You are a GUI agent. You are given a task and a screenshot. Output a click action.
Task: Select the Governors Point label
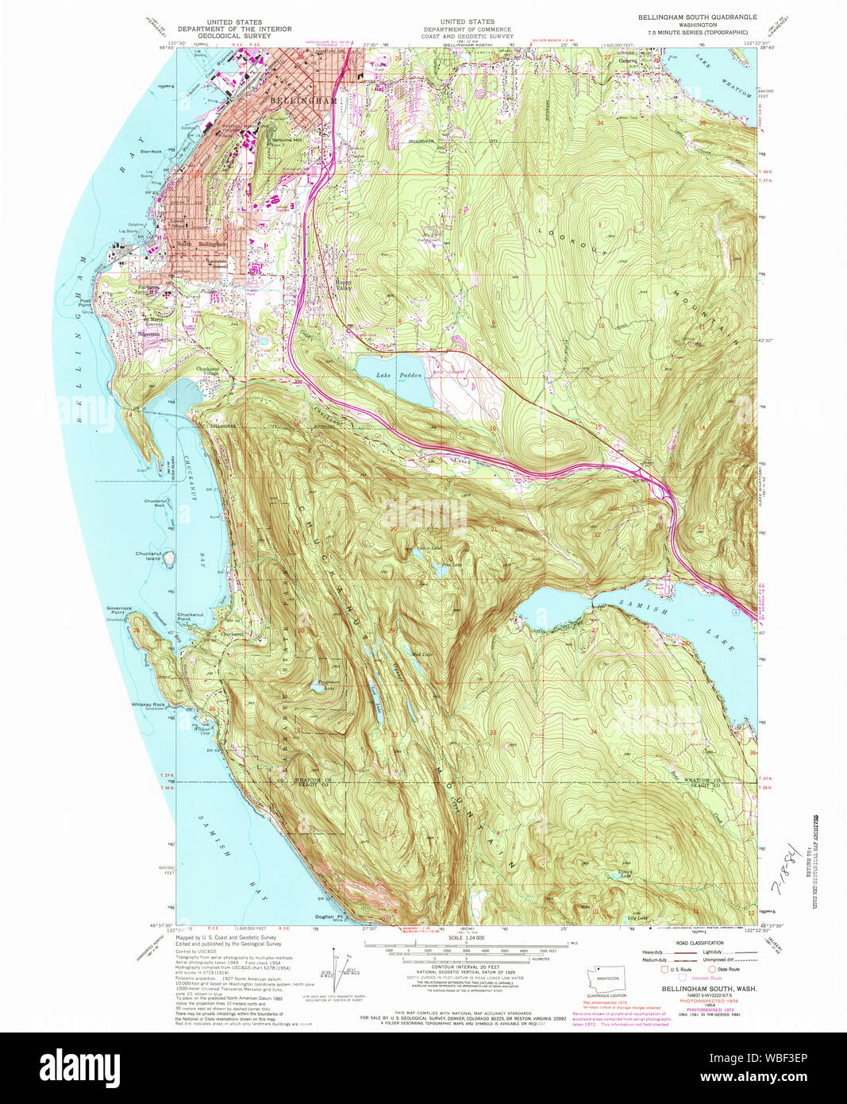(x=117, y=611)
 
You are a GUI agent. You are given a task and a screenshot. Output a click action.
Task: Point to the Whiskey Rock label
(x=148, y=704)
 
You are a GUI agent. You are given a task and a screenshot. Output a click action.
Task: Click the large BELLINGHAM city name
(x=303, y=102)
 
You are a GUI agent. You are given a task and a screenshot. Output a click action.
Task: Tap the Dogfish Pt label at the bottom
(x=328, y=917)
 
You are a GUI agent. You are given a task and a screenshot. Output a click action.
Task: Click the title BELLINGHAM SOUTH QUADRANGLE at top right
(x=698, y=17)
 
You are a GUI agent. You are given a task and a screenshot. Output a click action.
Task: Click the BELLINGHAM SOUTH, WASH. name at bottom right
(x=698, y=988)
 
